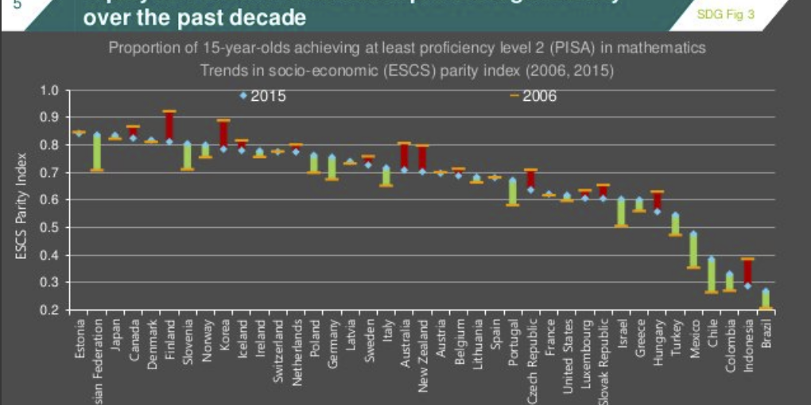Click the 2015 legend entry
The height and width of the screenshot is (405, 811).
pyautogui.click(x=267, y=96)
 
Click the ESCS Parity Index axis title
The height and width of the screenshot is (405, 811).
pyautogui.click(x=21, y=206)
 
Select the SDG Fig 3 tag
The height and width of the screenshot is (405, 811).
pyautogui.click(x=724, y=14)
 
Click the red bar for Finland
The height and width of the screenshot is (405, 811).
pyautogui.click(x=169, y=126)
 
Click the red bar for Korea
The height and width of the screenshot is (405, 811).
pyautogui.click(x=223, y=134)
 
